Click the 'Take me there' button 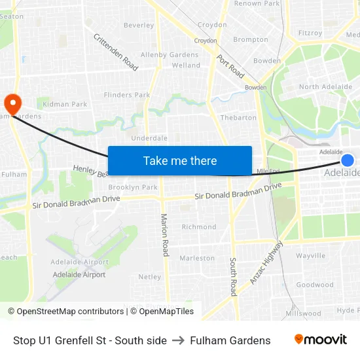tap(180, 160)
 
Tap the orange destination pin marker tap(12, 103)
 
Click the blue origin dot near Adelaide tap(348, 160)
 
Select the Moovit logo tap(320, 340)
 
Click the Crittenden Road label tap(115, 52)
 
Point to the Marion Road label tap(165, 234)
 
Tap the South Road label tap(233, 276)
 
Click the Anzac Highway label tap(267, 262)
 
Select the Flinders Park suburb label tap(127, 95)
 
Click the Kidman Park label tap(65, 104)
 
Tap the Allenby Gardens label tap(170, 55)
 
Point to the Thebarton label tap(238, 118)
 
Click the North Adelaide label tap(318, 87)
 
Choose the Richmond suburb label tap(199, 227)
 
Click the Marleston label tap(197, 258)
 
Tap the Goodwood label tap(315, 285)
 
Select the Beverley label tap(139, 26)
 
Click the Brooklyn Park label tap(133, 187)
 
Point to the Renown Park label tap(257, 4)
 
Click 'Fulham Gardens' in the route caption tap(230, 340)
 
